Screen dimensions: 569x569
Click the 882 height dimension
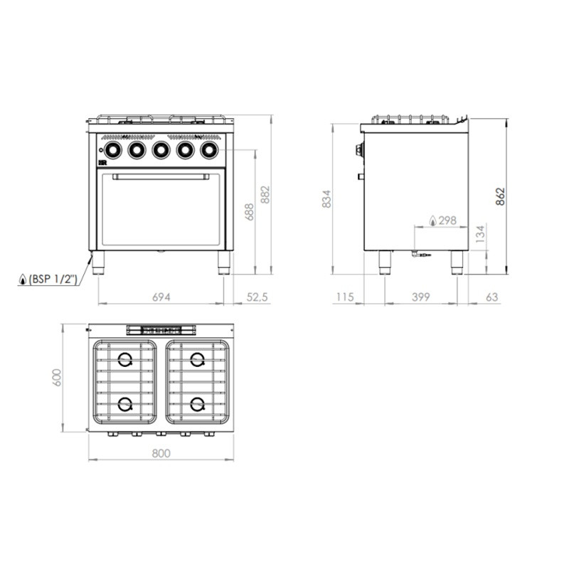coord(265,195)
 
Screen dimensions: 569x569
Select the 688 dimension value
coord(250,212)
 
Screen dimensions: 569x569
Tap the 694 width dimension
coord(161,297)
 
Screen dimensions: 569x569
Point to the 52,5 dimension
coord(257,297)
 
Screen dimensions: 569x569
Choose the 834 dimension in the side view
coord(326,199)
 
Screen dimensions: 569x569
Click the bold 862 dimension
coord(501,197)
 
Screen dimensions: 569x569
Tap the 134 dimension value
coord(480,234)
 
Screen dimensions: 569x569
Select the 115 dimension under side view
coord(344,297)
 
